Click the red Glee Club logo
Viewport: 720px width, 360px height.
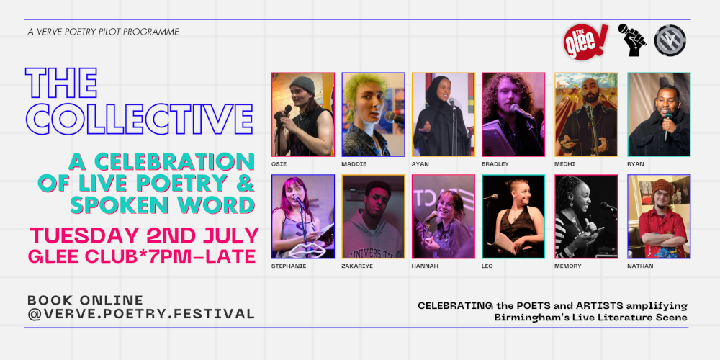[x=585, y=42]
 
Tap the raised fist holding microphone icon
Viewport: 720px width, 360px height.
[x=632, y=40]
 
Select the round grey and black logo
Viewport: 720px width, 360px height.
[x=670, y=40]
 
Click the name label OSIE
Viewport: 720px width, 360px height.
[x=278, y=164]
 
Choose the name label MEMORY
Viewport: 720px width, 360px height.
[x=568, y=266]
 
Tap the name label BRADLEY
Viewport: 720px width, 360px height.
[x=495, y=164]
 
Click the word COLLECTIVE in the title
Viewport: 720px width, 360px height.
[x=139, y=119]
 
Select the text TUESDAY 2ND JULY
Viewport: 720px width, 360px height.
[x=144, y=235]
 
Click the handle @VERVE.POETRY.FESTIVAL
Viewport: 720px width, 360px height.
[x=141, y=314]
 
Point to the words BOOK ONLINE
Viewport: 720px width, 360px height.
[x=86, y=300]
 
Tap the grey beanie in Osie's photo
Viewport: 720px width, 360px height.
[x=302, y=85]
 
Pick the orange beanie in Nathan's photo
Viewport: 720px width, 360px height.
[x=662, y=186]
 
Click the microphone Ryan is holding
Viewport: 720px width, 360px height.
[x=667, y=125]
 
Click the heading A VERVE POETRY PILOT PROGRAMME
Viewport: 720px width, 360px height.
[x=103, y=32]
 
